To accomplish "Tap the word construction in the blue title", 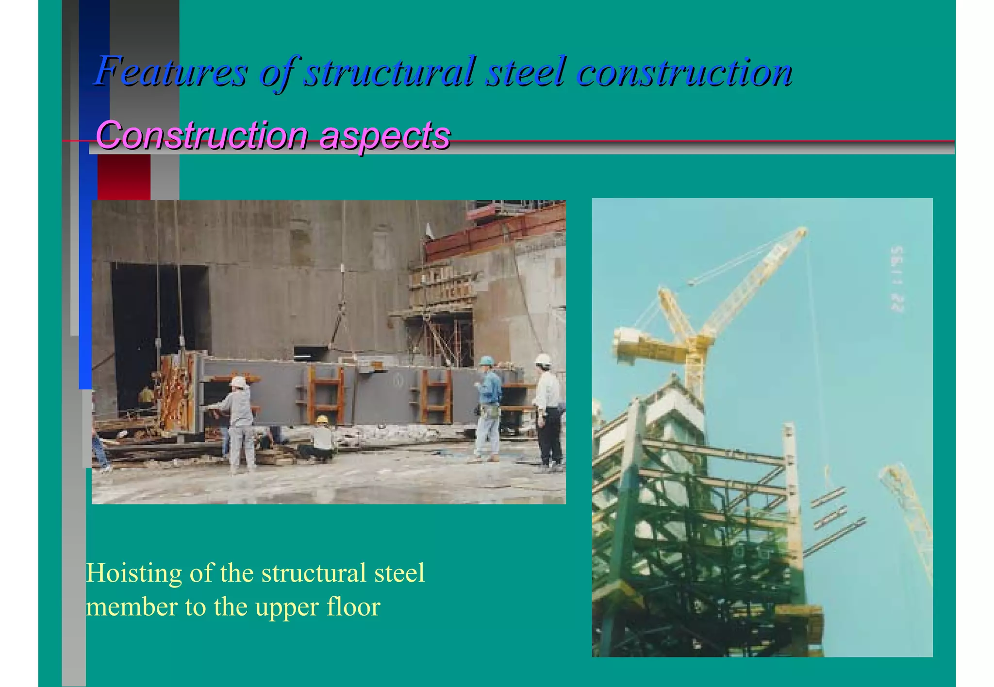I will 684,72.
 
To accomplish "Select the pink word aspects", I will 385,135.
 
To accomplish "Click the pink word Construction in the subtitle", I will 201,135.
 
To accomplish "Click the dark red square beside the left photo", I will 124,177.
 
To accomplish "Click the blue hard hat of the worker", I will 486,361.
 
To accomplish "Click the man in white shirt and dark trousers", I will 548,413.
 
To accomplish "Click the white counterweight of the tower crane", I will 631,342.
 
